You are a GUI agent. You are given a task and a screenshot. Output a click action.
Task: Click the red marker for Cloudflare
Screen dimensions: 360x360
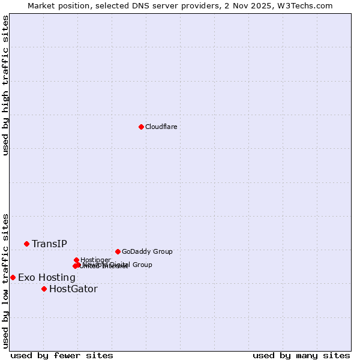[141, 127]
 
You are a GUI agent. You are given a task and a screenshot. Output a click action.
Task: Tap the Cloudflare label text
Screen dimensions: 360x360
[161, 127]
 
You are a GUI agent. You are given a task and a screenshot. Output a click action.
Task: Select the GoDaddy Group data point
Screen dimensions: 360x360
[118, 251]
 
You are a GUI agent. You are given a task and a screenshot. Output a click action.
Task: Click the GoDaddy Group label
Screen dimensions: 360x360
[147, 252]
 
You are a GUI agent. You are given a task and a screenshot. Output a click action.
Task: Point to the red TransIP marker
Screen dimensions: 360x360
[26, 244]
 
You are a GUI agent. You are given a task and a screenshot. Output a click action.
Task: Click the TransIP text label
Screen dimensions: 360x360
[49, 244]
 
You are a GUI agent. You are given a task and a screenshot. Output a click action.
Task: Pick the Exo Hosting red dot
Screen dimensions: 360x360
[13, 277]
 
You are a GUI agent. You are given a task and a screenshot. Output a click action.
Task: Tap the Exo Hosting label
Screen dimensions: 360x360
[47, 278]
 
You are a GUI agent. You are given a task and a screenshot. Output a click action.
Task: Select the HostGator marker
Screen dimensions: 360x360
[44, 289]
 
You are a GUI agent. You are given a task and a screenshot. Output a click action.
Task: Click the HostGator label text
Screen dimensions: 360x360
[73, 289]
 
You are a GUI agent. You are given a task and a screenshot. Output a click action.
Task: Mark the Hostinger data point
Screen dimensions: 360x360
[76, 260]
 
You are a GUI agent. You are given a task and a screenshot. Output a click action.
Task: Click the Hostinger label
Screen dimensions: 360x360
[95, 260]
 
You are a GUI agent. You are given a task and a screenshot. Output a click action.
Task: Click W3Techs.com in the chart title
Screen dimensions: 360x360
[302, 6]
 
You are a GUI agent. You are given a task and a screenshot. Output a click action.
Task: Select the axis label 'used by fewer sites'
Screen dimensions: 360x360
[62, 355]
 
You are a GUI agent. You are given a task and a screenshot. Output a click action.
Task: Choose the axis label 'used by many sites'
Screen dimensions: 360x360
[301, 355]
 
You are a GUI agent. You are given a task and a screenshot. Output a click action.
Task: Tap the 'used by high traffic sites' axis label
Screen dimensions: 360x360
[5, 85]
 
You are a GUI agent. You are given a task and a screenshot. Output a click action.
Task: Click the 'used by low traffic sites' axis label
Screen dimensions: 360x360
[5, 281]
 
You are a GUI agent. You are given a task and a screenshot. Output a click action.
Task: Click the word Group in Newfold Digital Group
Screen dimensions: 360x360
[142, 265]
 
